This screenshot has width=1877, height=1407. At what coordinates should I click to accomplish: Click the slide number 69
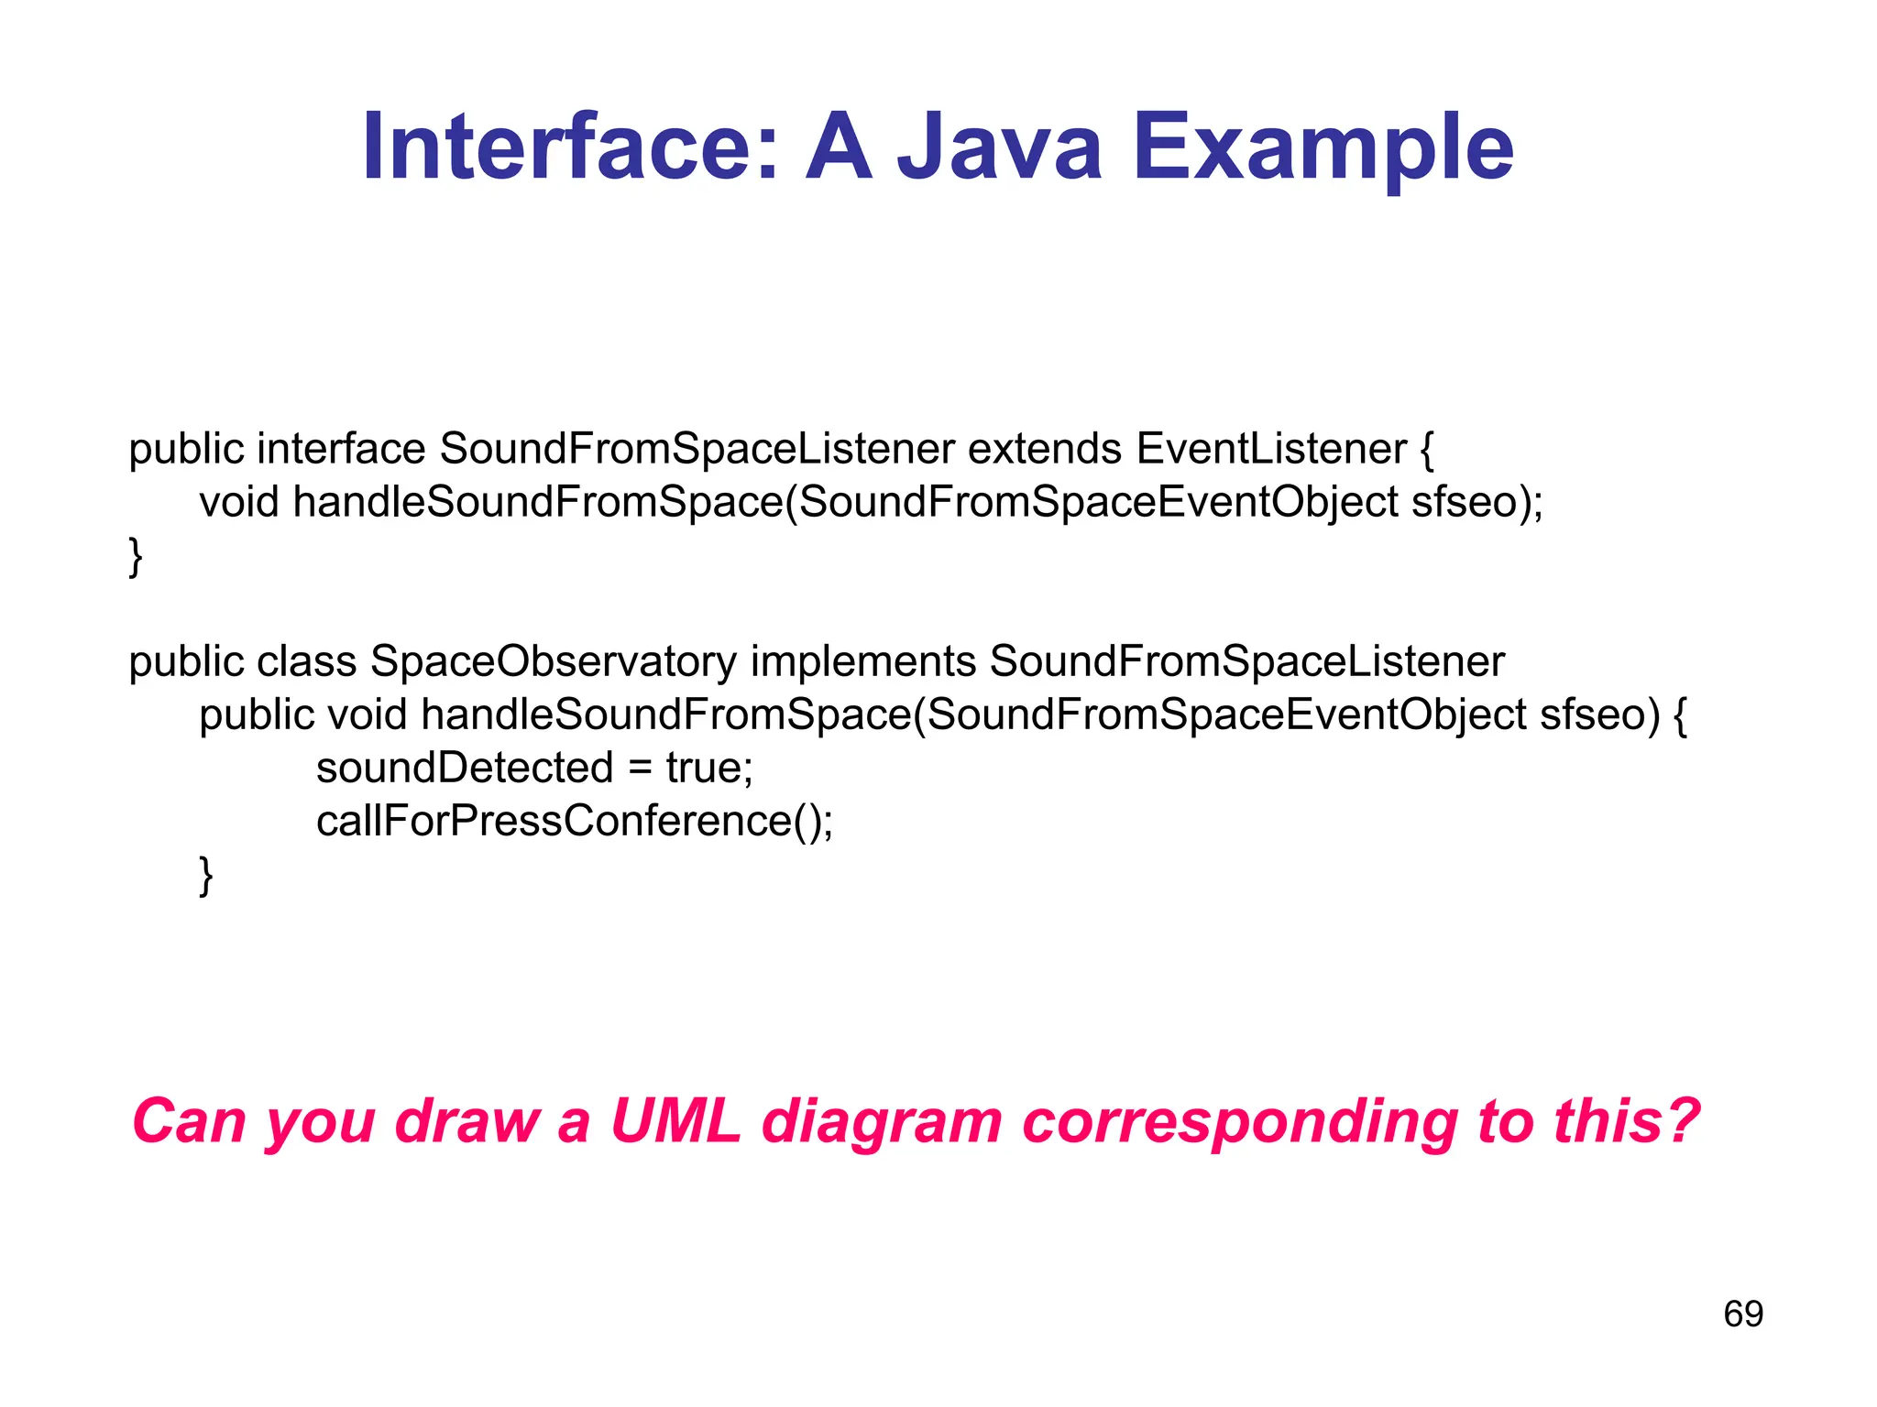(1743, 1314)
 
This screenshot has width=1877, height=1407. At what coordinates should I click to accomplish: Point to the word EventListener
(1271, 450)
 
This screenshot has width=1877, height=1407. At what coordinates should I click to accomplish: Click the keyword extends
(1045, 450)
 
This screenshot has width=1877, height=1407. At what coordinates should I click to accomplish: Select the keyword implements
(862, 662)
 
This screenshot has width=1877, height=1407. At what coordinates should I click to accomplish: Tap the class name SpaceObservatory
(553, 662)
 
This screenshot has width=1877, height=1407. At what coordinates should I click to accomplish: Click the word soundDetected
(464, 768)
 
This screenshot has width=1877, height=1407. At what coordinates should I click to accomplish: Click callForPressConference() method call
(574, 821)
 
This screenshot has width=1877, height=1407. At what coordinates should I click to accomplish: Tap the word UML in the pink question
(675, 1121)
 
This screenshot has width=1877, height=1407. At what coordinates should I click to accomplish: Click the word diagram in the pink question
(882, 1121)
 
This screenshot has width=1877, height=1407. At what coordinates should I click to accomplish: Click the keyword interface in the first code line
(341, 450)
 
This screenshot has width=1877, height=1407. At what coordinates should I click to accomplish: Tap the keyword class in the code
(306, 662)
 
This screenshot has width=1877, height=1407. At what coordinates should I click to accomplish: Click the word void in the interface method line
(238, 503)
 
